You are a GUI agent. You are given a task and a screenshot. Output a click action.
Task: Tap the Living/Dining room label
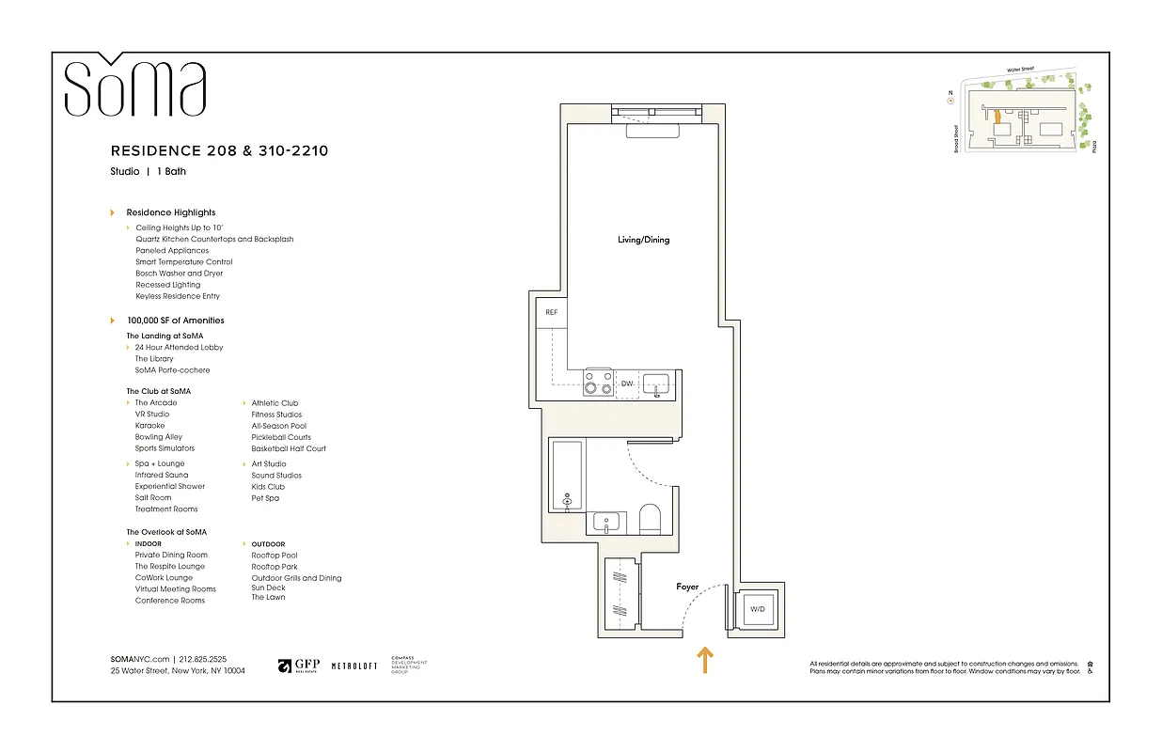(x=643, y=240)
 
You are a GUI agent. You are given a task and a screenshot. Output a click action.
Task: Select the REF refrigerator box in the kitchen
(x=551, y=312)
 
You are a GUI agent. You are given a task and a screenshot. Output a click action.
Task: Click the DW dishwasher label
(x=628, y=384)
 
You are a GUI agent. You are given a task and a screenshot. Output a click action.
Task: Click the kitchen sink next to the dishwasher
(x=656, y=383)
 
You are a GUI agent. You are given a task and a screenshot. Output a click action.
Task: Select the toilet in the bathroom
(x=650, y=518)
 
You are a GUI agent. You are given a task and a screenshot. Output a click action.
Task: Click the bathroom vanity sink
(x=605, y=520)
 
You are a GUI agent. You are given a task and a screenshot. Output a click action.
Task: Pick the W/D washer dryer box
(x=757, y=609)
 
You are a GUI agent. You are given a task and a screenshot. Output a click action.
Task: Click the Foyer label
(x=687, y=587)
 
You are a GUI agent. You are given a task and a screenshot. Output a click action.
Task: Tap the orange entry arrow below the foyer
(x=703, y=660)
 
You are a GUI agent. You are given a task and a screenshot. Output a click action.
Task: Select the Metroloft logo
(x=354, y=666)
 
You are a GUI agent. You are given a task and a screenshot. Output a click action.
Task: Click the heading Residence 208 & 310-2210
(x=219, y=150)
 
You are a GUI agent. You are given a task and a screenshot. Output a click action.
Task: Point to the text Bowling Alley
(x=159, y=437)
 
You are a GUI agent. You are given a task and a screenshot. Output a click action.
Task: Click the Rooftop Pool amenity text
(x=275, y=556)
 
